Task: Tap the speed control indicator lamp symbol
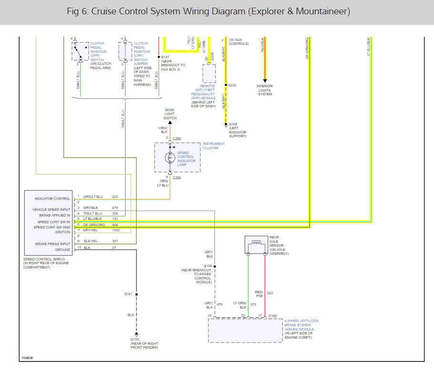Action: [169, 157]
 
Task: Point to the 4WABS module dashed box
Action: [245, 331]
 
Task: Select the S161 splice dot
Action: [136, 294]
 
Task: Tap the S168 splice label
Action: [208, 266]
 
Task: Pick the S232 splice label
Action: [232, 85]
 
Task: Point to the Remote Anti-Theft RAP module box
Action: [208, 73]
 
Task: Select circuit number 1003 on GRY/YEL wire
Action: [116, 230]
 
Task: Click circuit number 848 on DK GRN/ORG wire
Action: [115, 224]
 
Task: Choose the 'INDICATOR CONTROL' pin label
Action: [52, 198]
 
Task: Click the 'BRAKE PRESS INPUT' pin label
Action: [52, 244]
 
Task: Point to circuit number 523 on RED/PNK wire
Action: [270, 293]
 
